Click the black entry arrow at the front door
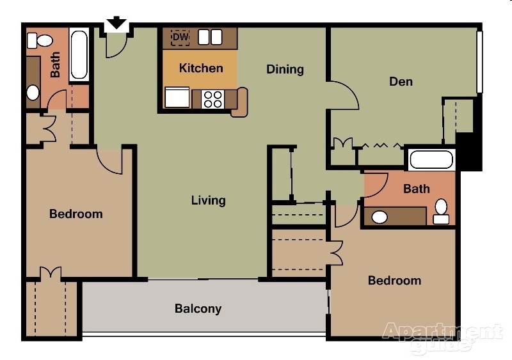(x=116, y=23)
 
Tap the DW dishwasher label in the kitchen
(x=181, y=38)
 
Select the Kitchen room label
(x=201, y=68)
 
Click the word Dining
(x=285, y=69)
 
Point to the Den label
(x=401, y=82)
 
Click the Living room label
(x=209, y=200)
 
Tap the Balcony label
(x=198, y=309)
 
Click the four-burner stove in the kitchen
(x=213, y=99)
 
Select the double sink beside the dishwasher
(x=210, y=38)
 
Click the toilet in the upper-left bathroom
(x=42, y=41)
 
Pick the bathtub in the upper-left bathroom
(x=79, y=54)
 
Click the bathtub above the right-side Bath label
(x=431, y=159)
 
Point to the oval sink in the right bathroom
(x=380, y=217)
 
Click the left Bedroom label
(x=76, y=214)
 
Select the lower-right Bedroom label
(x=394, y=280)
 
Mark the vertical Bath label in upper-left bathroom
(x=56, y=65)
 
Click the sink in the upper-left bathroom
(x=33, y=93)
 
